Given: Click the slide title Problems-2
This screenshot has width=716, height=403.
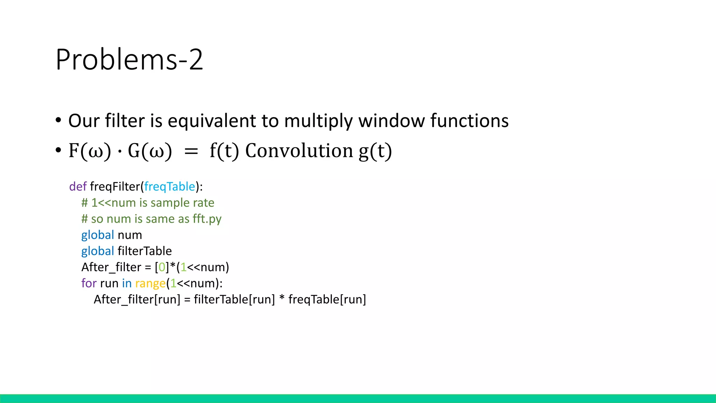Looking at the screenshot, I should point(129,59).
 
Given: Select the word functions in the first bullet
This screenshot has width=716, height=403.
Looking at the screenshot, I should point(469,121).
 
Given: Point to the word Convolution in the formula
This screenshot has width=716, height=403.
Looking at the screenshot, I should point(299,151).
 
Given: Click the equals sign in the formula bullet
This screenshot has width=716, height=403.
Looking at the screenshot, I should point(191,151).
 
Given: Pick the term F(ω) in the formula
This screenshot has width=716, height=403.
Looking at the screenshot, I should point(90,151).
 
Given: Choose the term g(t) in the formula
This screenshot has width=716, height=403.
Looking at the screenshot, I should point(375,151).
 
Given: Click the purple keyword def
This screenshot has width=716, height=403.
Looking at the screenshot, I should point(78,186).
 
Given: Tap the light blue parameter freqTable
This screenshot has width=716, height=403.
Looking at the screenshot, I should point(170,186).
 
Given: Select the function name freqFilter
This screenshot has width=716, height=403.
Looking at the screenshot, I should point(115,186).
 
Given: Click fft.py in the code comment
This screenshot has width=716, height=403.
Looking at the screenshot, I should point(207,219).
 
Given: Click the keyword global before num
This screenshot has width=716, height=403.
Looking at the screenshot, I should point(98,235).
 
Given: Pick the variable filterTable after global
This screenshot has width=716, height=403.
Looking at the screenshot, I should point(144,251).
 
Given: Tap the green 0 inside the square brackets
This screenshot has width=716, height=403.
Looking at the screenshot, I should point(162,267).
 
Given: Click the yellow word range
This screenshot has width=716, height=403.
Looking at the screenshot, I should point(150,283).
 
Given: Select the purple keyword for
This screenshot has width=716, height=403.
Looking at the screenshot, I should point(89,283).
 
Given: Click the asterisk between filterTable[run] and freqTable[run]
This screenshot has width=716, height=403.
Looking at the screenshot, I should point(282,299).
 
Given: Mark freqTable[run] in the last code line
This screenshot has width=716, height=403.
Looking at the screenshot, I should point(327,299).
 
